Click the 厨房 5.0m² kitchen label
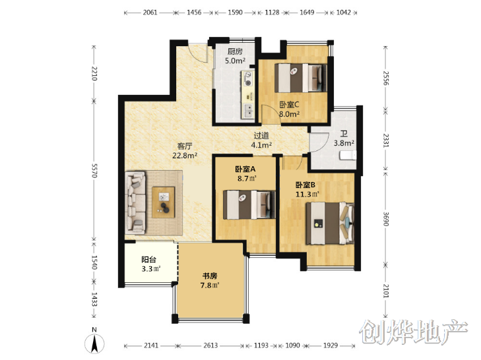pos(235,56)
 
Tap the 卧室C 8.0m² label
pos(289,109)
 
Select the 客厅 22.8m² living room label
pos(185,150)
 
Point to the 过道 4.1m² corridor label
pos(261,140)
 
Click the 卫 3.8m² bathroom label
pos(344,138)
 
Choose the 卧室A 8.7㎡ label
pos(245,173)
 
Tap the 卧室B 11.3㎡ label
pos(307,189)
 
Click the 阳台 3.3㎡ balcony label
pos(150,264)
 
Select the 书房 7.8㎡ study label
pos(210,281)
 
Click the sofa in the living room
pos(135,202)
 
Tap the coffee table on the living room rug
pos(164,202)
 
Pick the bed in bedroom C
pos(301,78)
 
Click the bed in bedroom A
pos(249,205)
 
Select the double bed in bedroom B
pos(330,223)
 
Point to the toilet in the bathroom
pos(348,156)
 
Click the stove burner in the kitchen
pos(248,78)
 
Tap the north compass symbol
pos(95,342)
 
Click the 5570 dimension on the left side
pos(94,171)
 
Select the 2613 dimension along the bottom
pos(210,345)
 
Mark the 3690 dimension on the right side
pos(385,219)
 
